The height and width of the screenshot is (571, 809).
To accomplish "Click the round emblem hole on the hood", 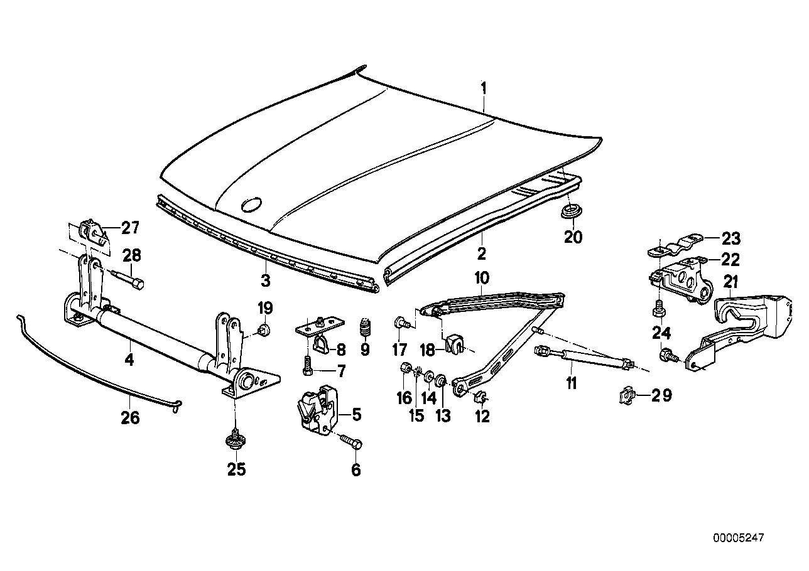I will pos(253,205).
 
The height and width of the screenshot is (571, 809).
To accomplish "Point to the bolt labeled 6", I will pos(351,443).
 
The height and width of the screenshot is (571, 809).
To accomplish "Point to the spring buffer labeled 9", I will pos(365,328).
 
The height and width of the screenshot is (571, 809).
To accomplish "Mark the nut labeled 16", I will pos(404,368).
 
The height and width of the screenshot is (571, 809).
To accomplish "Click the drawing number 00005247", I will pos(739,538).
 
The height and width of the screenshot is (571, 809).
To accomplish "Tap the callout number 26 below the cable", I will pos(130,417).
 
